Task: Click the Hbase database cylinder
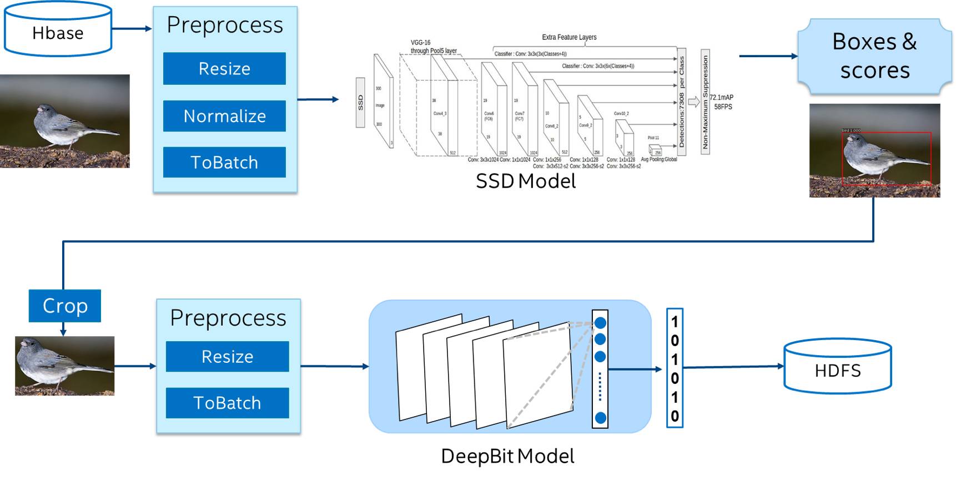[x=58, y=30]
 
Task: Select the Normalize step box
[x=224, y=116]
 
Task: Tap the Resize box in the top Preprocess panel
[x=224, y=69]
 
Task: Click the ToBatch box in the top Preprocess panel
[x=224, y=163]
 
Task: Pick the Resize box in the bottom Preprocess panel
[x=227, y=356]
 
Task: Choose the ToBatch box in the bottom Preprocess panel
[x=227, y=403]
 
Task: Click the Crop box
[x=65, y=306]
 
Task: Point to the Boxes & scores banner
[x=874, y=56]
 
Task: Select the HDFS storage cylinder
[x=837, y=367]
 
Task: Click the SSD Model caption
[x=526, y=181]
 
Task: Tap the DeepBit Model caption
[x=507, y=456]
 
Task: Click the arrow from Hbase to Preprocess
[x=132, y=28]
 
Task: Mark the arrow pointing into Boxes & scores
[x=768, y=56]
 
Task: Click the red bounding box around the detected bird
[x=886, y=133]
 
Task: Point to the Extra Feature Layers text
[x=569, y=37]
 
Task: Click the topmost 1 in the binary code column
[x=675, y=322]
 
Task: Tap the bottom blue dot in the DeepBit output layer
[x=600, y=418]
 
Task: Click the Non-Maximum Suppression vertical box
[x=705, y=102]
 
